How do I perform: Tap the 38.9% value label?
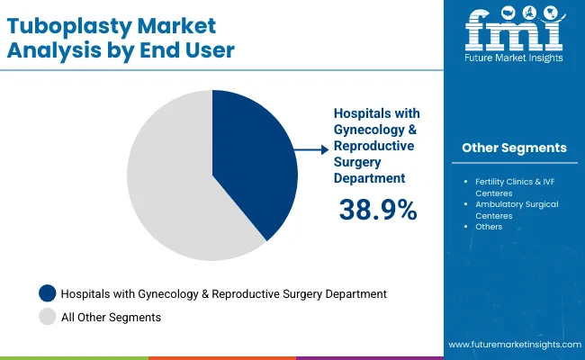tap(378, 210)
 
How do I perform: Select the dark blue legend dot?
tap(47, 293)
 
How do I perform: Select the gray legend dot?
tap(47, 316)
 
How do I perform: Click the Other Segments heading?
tap(514, 148)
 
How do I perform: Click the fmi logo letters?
tap(514, 34)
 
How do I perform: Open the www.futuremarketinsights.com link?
tap(513, 345)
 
